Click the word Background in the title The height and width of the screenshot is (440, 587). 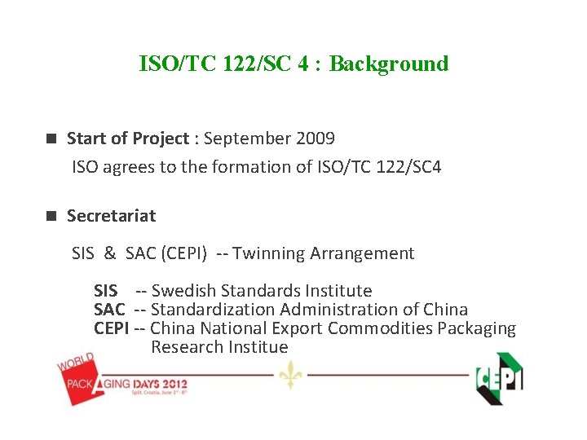tap(389, 64)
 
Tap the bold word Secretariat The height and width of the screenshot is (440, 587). tap(111, 216)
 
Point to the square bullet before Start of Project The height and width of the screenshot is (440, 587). tap(51, 139)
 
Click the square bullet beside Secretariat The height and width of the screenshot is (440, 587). tap(51, 216)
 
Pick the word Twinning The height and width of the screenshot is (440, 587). tap(271, 253)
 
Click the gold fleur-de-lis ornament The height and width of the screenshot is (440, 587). tap(289, 375)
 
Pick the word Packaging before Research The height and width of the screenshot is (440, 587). tap(476, 328)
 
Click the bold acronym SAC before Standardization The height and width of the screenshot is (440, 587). tap(109, 310)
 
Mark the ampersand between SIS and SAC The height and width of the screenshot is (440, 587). tap(109, 253)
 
